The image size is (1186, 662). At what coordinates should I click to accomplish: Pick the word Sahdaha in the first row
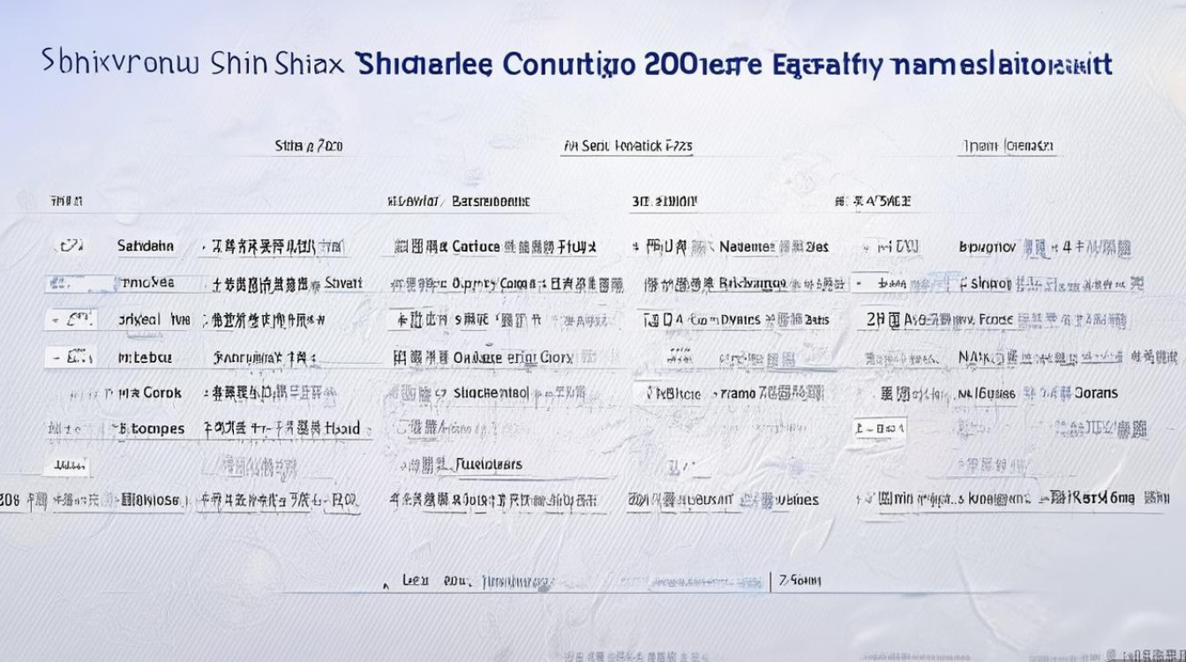(146, 246)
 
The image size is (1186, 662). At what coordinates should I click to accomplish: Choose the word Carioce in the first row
(476, 247)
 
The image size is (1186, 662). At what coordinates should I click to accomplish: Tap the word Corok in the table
(162, 393)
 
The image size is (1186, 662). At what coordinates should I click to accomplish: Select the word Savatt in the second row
(343, 283)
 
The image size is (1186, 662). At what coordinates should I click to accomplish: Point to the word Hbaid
(342, 429)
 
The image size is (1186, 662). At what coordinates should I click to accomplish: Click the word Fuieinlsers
(489, 464)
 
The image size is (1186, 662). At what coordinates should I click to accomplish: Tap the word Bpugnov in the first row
(987, 247)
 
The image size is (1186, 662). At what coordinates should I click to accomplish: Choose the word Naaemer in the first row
(747, 247)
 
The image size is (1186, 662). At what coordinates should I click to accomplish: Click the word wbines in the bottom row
(798, 500)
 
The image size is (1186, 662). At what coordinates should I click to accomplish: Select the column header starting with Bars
(491, 201)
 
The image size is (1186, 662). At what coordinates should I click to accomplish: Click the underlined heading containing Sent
(627, 147)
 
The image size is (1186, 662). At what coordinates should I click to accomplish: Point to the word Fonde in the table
(995, 320)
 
